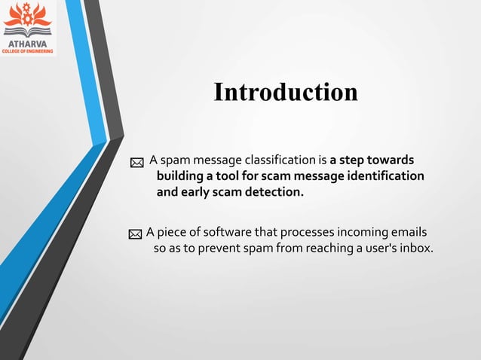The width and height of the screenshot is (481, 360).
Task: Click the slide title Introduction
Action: (x=285, y=92)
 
